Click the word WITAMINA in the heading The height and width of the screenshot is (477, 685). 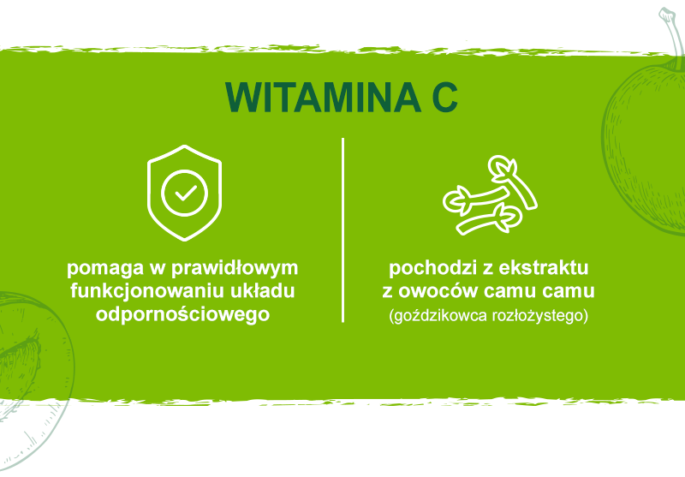point(323,97)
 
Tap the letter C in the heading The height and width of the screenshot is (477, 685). point(444,97)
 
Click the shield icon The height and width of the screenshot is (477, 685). point(184,193)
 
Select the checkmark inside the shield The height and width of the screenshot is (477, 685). point(186,193)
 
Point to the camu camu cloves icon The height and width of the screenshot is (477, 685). point(490,194)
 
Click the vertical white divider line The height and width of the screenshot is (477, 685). point(343,230)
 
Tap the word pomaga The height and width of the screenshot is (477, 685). point(105,269)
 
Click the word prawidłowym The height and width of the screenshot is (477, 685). point(235,269)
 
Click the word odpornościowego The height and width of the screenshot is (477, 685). point(182,314)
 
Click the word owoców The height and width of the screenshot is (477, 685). point(438,291)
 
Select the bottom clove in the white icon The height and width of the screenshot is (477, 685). point(488,220)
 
